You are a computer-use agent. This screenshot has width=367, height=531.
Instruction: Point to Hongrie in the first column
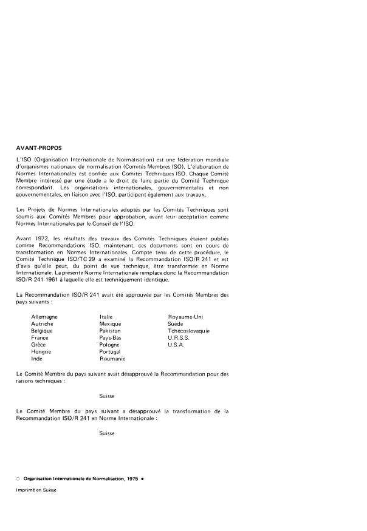41,351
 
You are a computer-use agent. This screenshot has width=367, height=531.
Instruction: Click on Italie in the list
106,317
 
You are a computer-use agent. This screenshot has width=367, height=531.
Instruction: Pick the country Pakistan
110,331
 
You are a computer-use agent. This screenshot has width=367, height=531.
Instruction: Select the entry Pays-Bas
111,337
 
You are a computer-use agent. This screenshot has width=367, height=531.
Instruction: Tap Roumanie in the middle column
112,359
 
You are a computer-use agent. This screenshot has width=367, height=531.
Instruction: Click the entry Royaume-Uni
185,317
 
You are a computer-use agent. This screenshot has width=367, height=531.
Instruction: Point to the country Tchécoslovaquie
189,331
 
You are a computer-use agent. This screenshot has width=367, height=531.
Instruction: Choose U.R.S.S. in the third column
179,337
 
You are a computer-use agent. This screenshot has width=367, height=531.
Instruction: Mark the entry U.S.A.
176,345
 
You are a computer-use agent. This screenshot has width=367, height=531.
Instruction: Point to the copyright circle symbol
18,479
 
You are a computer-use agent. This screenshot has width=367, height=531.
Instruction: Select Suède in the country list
176,323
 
